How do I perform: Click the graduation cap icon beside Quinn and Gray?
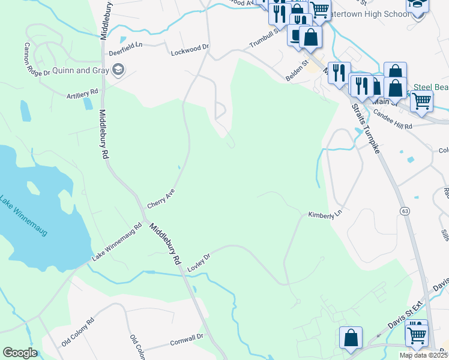coord(118,70)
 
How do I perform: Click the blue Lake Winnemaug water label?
coord(23,216)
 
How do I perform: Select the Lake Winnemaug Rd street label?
coord(116,242)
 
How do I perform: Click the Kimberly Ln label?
coord(325,214)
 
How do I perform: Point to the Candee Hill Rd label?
coord(393,118)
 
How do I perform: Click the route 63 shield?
coord(406,211)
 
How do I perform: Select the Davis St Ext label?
coord(402,323)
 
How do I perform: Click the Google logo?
coord(20,353)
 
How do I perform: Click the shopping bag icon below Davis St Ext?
coord(351,337)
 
